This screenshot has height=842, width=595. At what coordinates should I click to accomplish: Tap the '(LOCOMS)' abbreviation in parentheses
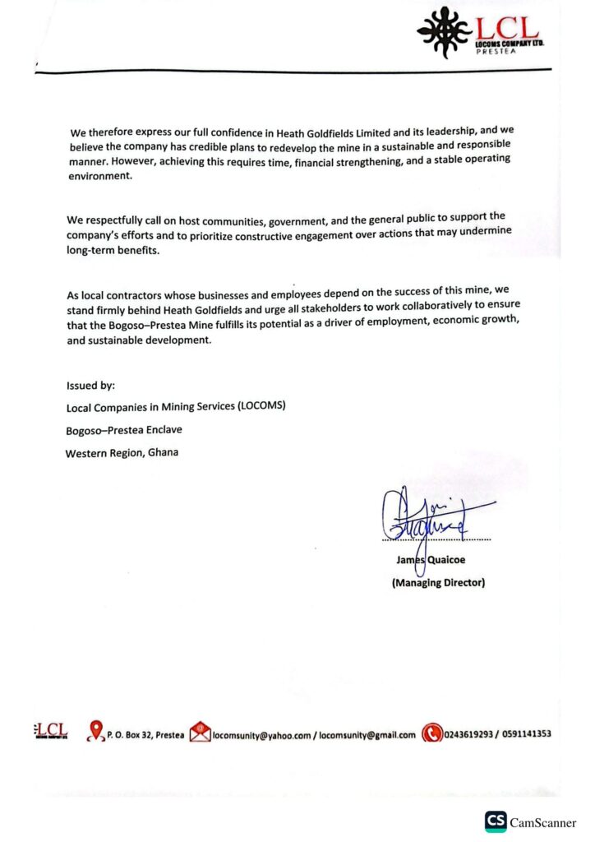click(262, 405)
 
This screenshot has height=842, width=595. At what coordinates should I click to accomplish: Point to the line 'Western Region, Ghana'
click(122, 452)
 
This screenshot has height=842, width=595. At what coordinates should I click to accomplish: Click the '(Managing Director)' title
click(438, 583)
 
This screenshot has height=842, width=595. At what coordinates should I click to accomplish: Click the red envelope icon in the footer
click(200, 733)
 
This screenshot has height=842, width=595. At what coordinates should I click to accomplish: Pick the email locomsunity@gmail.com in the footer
click(367, 735)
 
